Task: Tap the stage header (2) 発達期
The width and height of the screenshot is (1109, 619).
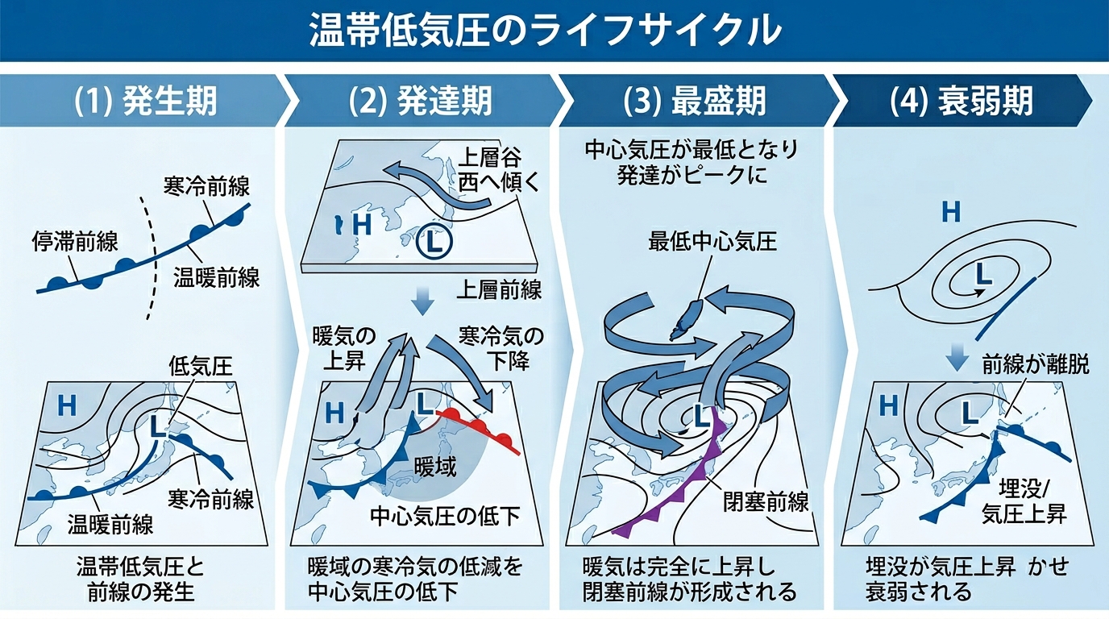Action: click(x=419, y=102)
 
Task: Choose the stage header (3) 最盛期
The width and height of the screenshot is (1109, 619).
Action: click(x=695, y=102)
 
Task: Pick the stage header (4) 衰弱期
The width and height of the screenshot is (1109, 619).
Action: click(x=962, y=102)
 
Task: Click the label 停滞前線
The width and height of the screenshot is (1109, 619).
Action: click(x=75, y=240)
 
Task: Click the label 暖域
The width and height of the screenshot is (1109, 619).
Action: click(x=435, y=466)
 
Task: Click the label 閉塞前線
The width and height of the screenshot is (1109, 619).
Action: click(x=766, y=503)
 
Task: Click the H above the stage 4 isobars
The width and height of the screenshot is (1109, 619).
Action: click(x=951, y=213)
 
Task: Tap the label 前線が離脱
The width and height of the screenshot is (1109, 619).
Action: click(x=1036, y=365)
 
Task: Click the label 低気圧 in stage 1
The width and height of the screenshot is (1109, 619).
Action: click(x=200, y=368)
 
